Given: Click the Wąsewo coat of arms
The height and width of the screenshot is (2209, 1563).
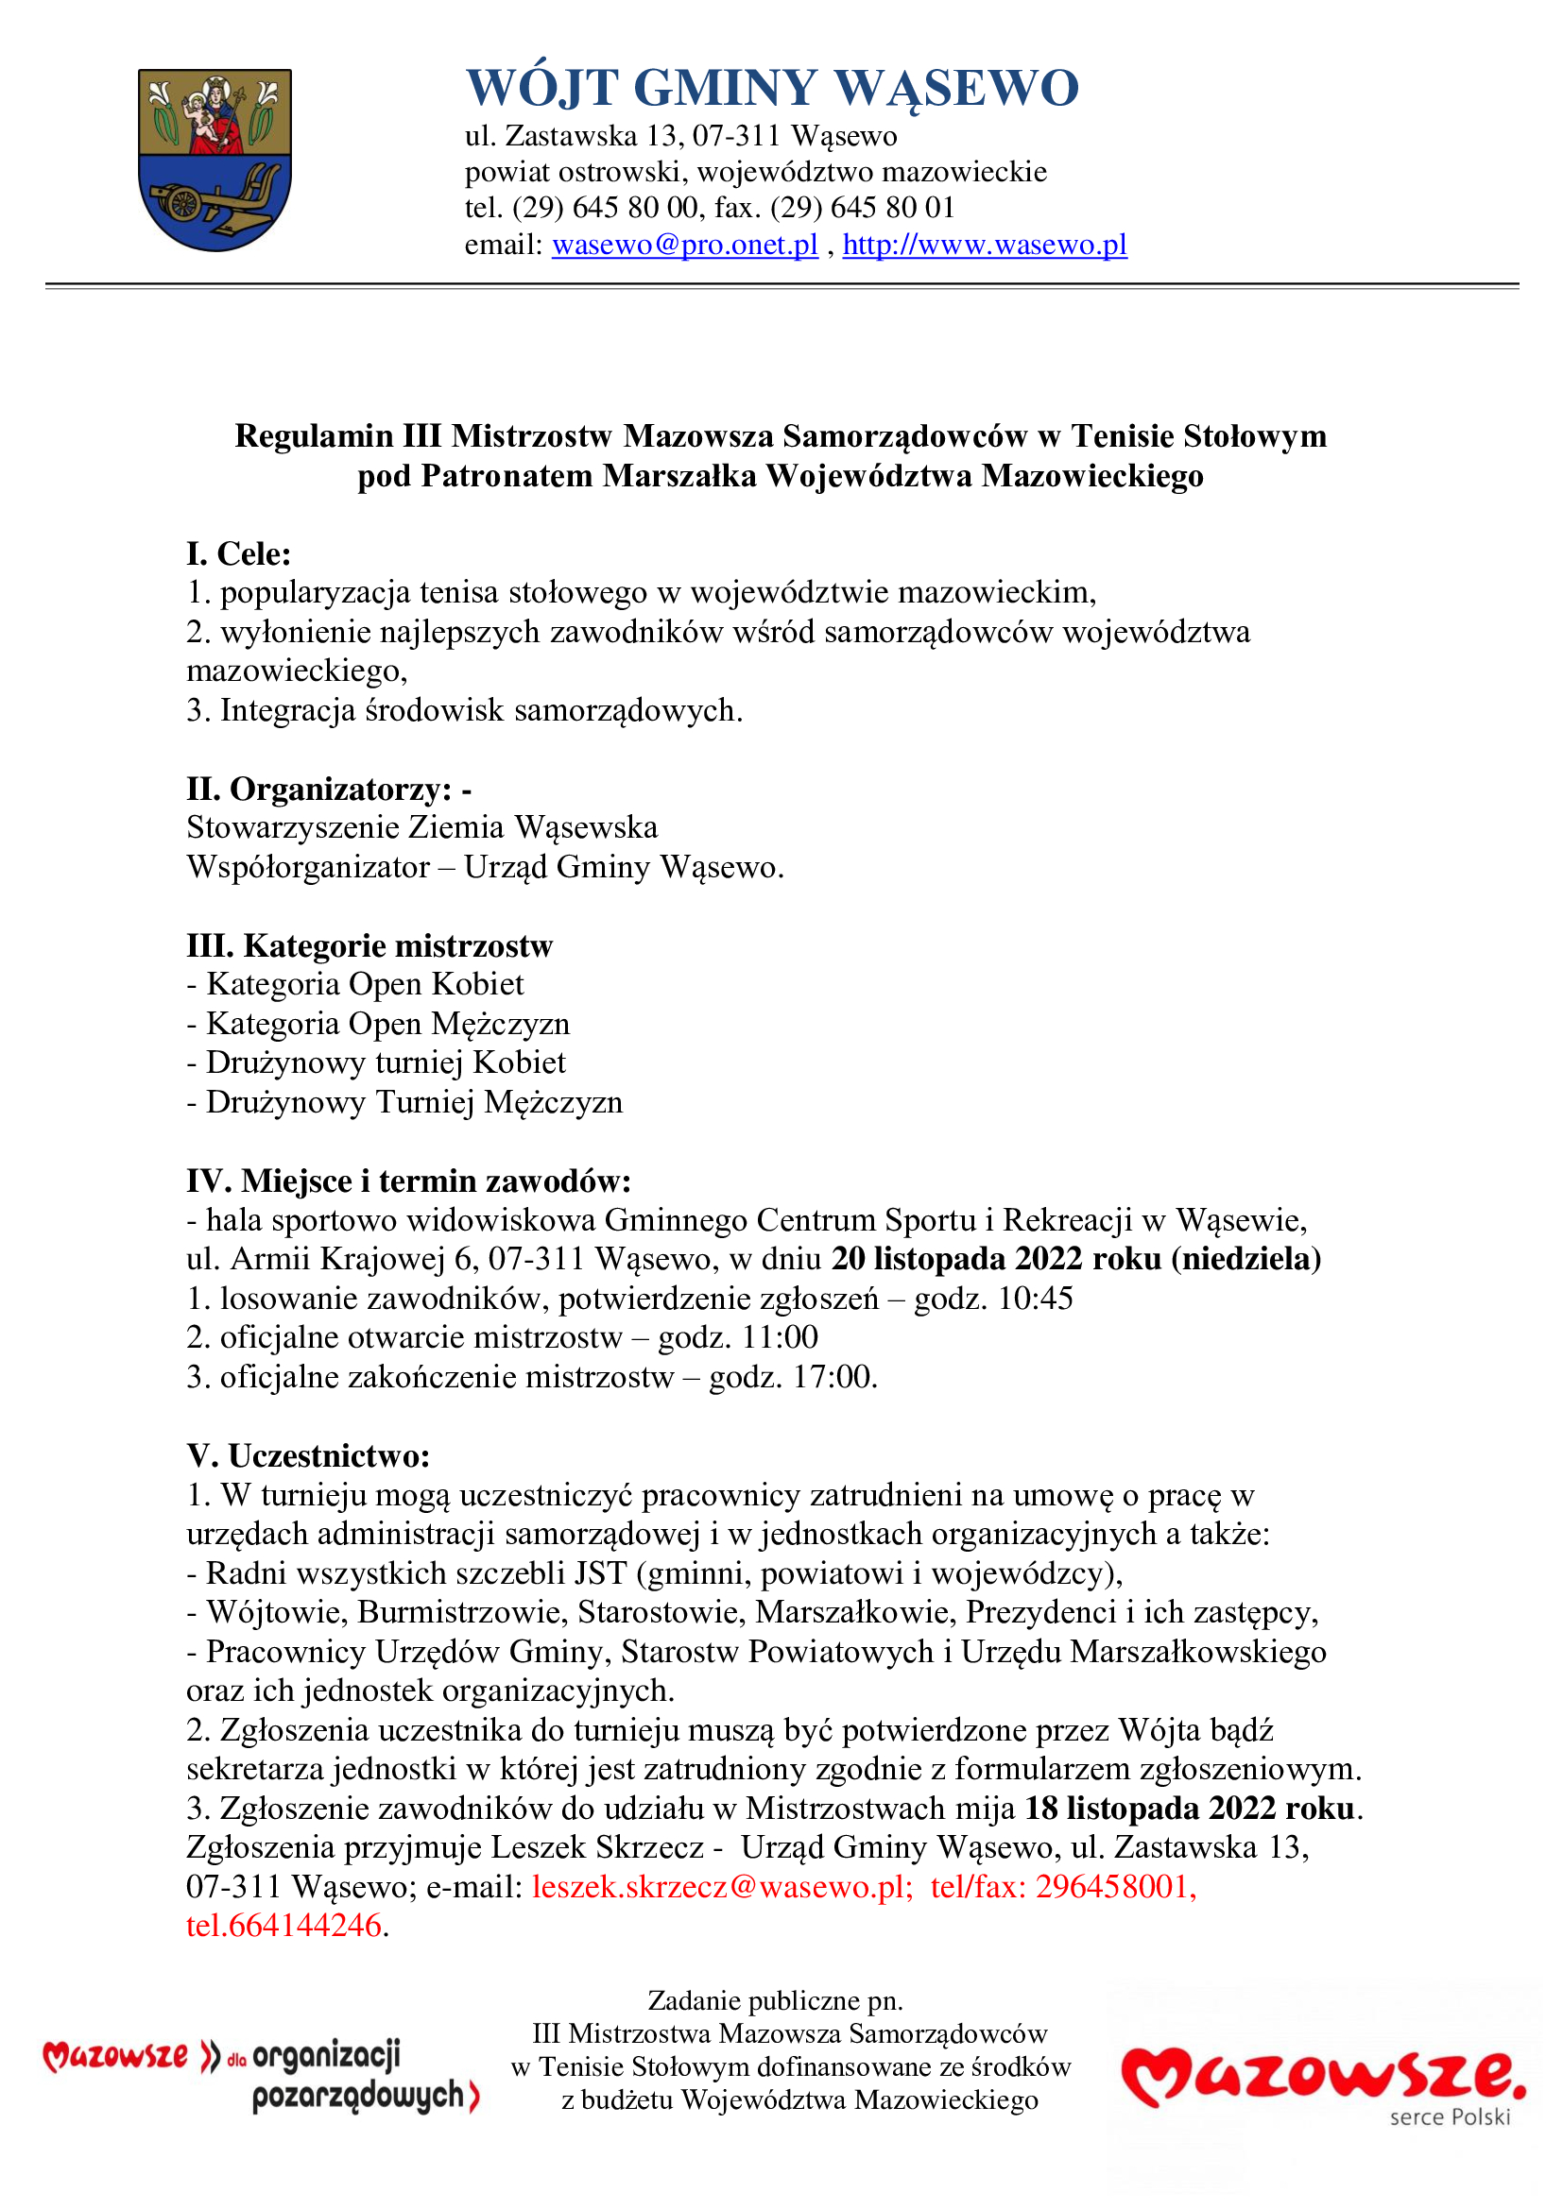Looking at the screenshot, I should coord(215,160).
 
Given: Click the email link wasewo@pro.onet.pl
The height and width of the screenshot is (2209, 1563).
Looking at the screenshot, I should coord(684,246).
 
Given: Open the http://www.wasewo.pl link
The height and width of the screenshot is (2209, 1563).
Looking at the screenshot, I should coord(985,246).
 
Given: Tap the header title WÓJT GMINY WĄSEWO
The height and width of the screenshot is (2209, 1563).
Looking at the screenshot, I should coord(772,88).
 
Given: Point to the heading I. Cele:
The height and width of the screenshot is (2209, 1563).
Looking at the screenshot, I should coord(239,554).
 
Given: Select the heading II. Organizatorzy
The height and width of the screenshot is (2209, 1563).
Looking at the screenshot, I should coord(328,789).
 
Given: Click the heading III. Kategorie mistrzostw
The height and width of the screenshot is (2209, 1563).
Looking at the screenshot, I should coord(369,945).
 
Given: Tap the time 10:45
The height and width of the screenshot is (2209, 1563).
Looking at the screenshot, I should coord(1036,1299).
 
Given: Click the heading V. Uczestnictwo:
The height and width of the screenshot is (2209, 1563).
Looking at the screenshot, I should coord(308,1455).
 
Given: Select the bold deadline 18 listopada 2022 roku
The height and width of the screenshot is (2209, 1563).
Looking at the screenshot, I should coord(1190,1809).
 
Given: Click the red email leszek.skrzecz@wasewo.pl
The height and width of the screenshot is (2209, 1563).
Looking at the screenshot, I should coord(721,1887).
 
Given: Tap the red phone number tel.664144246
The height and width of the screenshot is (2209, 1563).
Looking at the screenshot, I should coord(283,1925).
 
